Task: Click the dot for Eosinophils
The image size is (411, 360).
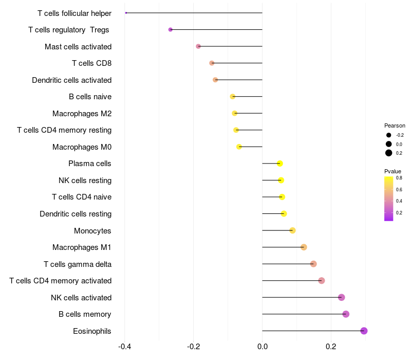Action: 364,331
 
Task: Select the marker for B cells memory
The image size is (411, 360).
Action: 346,314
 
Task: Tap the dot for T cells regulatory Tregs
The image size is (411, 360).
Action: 171,30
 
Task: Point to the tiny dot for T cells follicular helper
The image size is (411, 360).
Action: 126,13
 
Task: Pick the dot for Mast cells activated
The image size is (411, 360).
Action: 198,46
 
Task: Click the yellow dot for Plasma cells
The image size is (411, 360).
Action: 280,164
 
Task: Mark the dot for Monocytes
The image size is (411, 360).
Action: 292,230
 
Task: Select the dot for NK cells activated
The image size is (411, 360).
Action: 341,297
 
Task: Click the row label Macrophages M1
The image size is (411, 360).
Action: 82,247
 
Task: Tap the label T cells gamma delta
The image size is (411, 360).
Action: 78,264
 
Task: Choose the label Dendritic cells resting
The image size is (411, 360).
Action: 76,214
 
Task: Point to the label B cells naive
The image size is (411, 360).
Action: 90,97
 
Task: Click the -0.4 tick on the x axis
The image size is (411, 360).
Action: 124,347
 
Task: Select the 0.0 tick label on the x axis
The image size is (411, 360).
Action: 262,347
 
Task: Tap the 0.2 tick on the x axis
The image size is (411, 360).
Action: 331,347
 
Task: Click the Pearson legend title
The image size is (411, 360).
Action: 395,125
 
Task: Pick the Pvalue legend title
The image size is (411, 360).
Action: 393,171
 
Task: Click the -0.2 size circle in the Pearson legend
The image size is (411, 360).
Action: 389,135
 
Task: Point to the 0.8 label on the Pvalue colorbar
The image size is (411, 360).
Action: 399,178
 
